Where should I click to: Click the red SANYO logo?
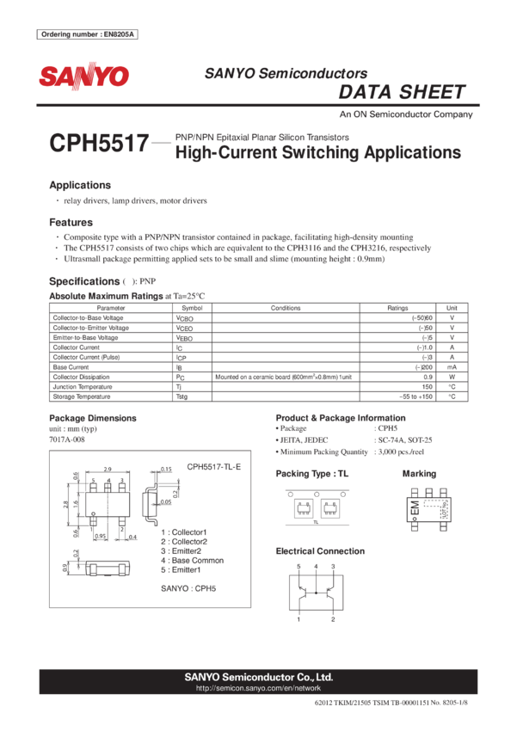point(83,77)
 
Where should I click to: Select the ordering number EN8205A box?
point(88,34)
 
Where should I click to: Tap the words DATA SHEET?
point(402,93)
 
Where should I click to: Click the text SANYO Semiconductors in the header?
point(286,74)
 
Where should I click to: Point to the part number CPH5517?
point(99,144)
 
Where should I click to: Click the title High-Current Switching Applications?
point(317,154)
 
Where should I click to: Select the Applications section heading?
point(80,186)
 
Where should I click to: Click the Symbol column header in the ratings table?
point(193,307)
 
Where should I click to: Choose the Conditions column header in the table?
point(285,307)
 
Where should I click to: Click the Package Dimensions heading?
point(93,418)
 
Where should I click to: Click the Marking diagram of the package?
point(427,507)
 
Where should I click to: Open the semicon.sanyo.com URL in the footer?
point(258,689)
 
